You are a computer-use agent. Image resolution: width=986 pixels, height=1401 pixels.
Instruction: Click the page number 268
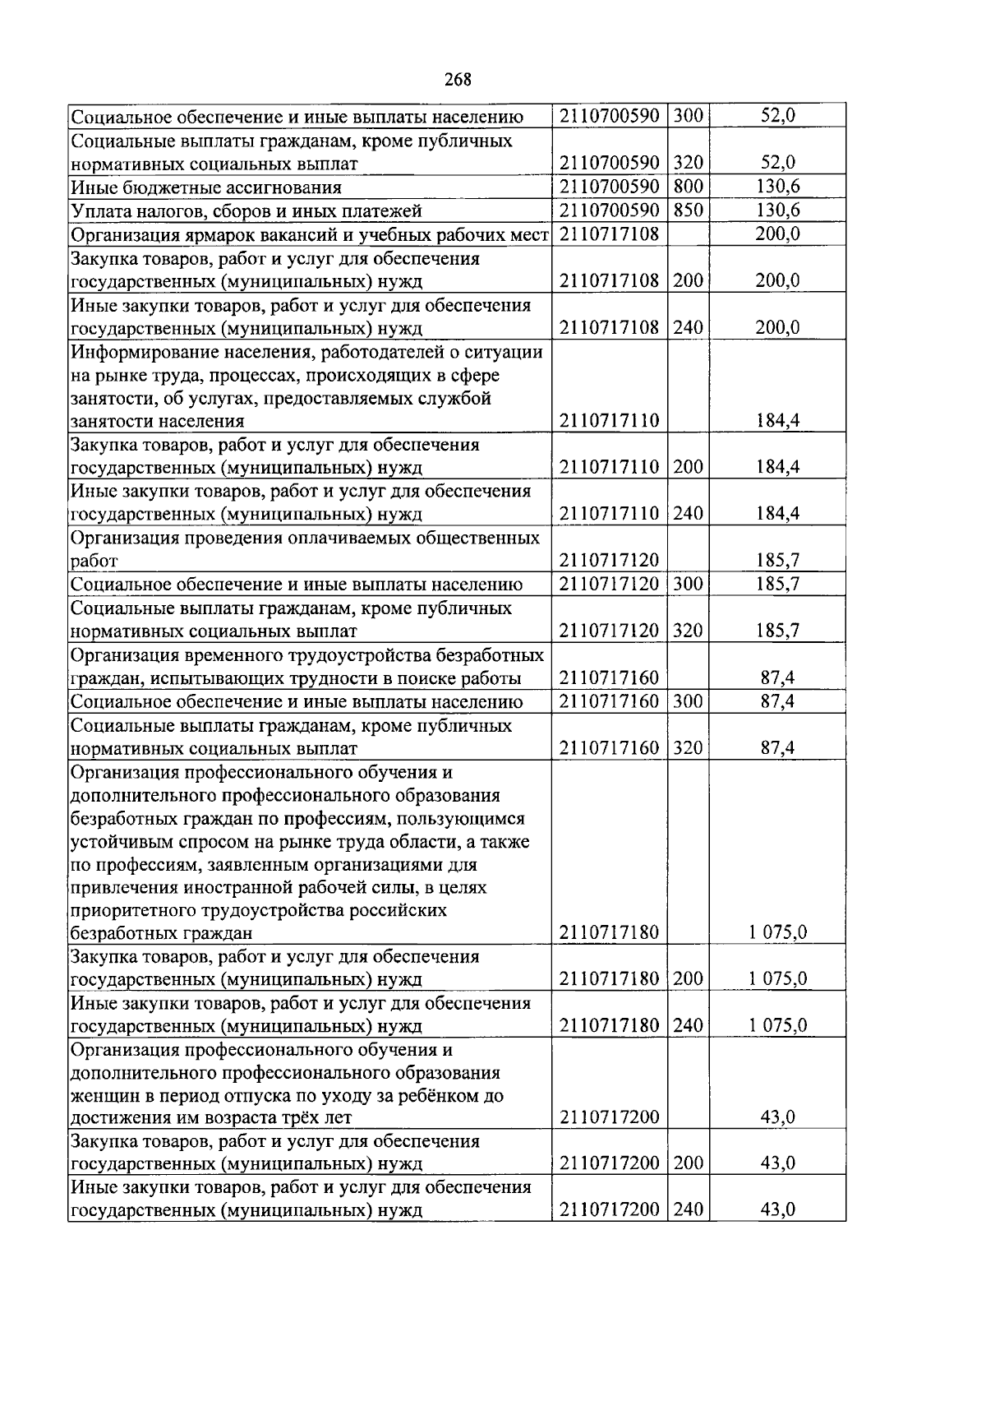458,80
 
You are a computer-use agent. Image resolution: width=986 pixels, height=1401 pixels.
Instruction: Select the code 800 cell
688,187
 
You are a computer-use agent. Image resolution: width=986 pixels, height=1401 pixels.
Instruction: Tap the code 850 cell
688,210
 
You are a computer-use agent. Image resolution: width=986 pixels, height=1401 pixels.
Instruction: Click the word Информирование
137,353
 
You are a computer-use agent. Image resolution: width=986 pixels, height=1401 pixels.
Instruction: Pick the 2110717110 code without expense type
609,421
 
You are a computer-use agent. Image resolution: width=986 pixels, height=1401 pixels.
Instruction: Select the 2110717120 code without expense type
609,561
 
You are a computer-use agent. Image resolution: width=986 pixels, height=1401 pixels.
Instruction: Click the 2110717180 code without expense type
609,932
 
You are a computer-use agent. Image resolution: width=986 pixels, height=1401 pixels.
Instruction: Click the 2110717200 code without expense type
609,1117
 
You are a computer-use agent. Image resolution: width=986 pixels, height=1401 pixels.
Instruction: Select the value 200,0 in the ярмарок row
777,234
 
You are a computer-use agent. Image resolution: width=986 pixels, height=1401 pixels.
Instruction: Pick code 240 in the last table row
688,1210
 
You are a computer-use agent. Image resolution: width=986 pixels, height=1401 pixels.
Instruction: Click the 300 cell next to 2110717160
688,702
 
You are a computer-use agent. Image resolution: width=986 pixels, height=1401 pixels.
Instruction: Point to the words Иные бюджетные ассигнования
205,187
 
